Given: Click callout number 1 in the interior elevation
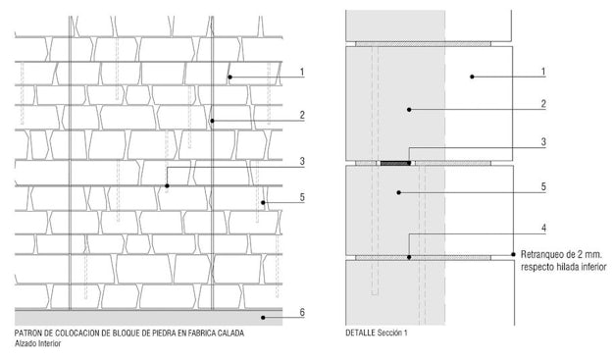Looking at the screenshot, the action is point(302,72).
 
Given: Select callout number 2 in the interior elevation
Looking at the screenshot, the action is point(302,115).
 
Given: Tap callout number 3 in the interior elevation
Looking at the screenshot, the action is point(302,161).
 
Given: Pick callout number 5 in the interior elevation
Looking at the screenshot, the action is point(302,197).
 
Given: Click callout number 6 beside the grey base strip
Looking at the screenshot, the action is point(302,312).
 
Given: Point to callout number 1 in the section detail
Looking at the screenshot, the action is point(543,72).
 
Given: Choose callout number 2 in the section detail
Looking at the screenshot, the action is point(543,104).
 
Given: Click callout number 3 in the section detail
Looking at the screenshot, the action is point(543,142).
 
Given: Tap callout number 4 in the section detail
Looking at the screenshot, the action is point(543,229).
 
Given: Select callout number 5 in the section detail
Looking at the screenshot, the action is point(543,186).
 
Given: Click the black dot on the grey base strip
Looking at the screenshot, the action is point(263,318).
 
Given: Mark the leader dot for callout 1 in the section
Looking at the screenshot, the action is point(472,77).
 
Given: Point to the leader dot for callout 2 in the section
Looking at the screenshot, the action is point(409,110).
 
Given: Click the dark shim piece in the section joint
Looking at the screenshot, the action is point(395,163).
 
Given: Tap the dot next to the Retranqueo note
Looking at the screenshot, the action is point(513,254).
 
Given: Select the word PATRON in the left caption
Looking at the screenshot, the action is point(26,334).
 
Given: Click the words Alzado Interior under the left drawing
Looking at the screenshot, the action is point(38,344).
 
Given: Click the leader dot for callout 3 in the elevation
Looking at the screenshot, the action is point(167,185).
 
